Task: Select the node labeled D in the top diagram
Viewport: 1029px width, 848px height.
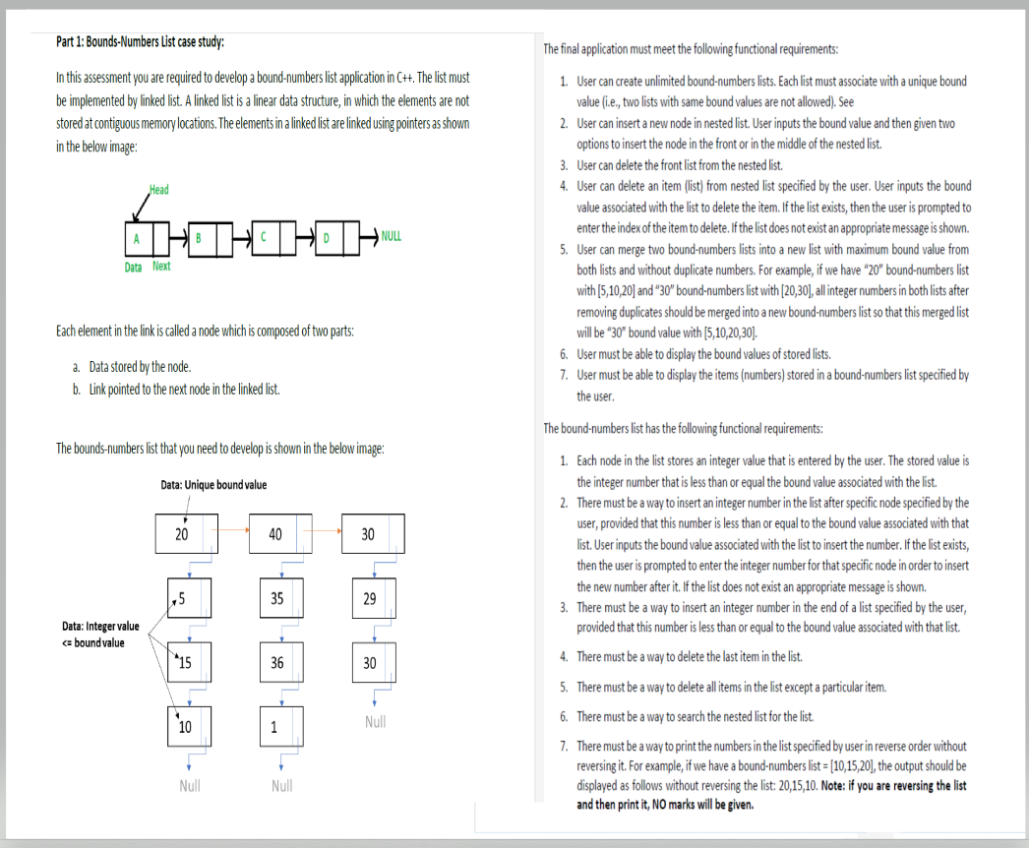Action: click(327, 237)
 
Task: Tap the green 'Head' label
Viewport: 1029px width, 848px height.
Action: click(158, 189)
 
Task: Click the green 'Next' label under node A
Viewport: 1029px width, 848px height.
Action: click(161, 267)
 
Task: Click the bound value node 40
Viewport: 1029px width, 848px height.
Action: click(276, 533)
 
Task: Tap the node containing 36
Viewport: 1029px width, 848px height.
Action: click(277, 663)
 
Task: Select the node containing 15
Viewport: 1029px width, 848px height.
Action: click(184, 663)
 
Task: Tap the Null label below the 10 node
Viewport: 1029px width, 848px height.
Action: click(190, 786)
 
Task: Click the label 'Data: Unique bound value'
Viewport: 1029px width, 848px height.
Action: click(213, 484)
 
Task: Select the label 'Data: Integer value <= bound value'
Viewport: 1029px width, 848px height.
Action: click(99, 635)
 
